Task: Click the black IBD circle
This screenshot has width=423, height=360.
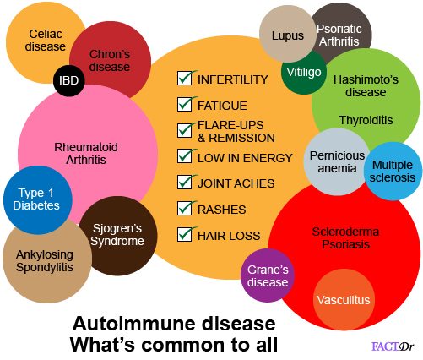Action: pos(68,80)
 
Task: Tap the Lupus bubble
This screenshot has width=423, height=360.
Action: pos(288,34)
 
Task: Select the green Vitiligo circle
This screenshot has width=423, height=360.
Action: pos(304,72)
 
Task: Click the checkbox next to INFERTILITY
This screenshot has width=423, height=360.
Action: pos(185,79)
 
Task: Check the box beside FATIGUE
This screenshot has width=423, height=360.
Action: pos(185,104)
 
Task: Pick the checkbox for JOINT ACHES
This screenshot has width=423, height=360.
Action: pos(185,182)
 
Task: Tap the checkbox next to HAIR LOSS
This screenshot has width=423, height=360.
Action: pos(185,234)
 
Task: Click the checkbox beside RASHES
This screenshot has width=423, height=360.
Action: pos(185,208)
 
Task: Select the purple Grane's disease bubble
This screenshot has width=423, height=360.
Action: pos(268,275)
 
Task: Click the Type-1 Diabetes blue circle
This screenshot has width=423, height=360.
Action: pos(38,199)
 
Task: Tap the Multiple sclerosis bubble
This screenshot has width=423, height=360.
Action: pos(393,171)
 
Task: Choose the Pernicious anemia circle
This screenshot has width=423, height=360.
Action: pos(337,162)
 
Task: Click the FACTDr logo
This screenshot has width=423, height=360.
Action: pos(393,346)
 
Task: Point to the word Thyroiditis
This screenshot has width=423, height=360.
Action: pos(366,120)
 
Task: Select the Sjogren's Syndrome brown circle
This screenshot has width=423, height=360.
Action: pos(118,236)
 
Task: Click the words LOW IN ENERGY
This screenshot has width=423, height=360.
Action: pos(245,158)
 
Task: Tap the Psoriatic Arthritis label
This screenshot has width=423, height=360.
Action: pos(339,35)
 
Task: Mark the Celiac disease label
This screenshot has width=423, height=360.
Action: pos(46,41)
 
